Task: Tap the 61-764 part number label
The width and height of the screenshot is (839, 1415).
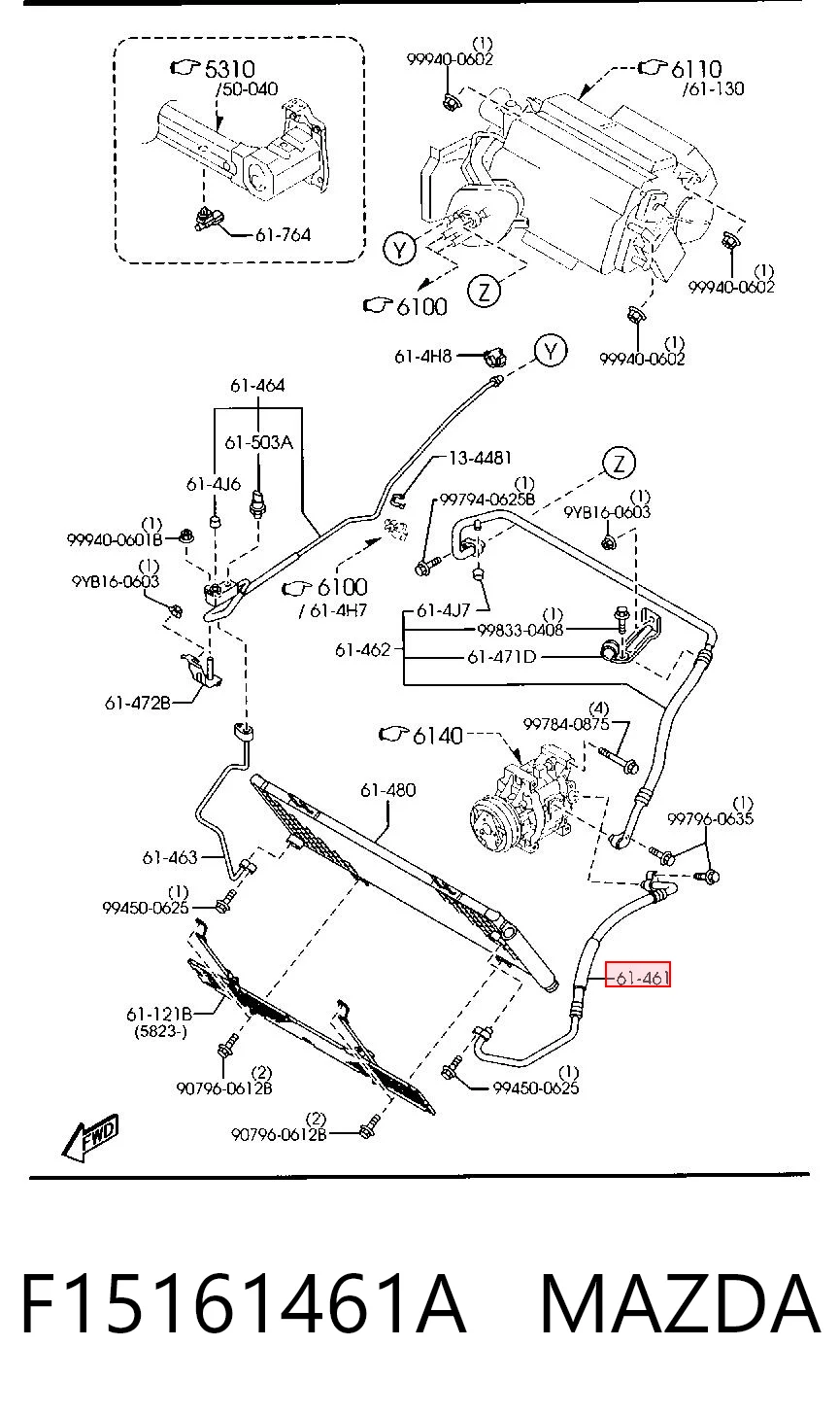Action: pos(283,235)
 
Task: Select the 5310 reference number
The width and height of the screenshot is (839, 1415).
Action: pos(229,69)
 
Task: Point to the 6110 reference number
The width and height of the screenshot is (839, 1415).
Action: pos(695,69)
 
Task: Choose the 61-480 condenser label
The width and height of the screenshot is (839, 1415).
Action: pos(388,790)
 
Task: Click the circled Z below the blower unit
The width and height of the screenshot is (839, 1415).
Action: pos(485,292)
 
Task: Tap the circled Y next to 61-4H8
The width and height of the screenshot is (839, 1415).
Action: pos(552,351)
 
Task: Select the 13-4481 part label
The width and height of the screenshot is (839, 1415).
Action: pos(480,458)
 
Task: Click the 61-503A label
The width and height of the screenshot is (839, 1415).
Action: pos(259,442)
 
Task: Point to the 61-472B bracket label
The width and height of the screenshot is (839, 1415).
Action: pos(138,703)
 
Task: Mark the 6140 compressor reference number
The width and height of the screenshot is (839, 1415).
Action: pos(438,736)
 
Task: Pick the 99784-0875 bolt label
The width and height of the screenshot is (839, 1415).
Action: pos(566,724)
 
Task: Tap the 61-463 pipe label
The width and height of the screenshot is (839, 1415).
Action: pos(170,857)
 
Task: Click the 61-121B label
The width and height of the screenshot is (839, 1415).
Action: pos(159,1015)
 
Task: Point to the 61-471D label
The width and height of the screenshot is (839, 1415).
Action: pos(502,657)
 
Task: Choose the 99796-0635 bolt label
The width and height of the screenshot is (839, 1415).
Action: pos(710,819)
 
